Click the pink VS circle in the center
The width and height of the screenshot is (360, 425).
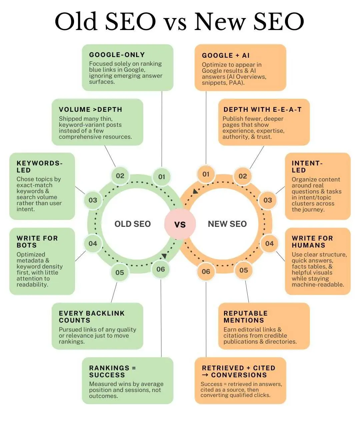click(x=180, y=224)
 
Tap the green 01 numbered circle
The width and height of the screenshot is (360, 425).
click(x=162, y=177)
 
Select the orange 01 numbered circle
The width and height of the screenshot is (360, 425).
click(x=206, y=174)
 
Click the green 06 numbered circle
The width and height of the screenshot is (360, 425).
click(x=161, y=269)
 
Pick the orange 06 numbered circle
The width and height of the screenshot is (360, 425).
click(x=206, y=272)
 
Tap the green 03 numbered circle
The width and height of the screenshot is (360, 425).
click(x=93, y=200)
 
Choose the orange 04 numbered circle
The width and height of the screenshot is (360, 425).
click(x=269, y=244)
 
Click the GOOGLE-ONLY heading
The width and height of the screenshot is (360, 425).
click(x=117, y=55)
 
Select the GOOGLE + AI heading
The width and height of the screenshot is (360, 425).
click(x=226, y=55)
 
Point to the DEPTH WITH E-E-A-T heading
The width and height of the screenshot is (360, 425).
click(x=262, y=109)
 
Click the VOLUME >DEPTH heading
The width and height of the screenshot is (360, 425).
click(x=90, y=109)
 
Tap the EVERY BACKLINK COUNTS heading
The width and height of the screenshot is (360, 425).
click(x=92, y=317)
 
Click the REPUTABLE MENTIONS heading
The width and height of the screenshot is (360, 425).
click(x=245, y=317)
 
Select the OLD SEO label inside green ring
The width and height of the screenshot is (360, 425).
click(x=132, y=224)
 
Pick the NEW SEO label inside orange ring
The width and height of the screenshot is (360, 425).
click(x=227, y=224)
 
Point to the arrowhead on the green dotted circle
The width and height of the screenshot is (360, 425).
click(x=164, y=256)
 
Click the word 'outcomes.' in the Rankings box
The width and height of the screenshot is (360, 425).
click(x=103, y=396)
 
